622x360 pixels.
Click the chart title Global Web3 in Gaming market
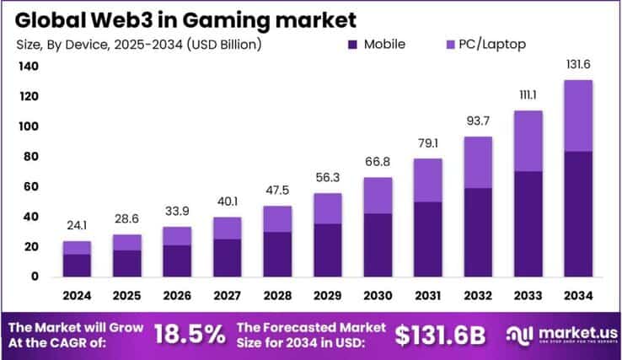tap(181, 18)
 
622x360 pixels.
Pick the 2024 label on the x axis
tap(77, 296)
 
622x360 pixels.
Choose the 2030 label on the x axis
tap(378, 296)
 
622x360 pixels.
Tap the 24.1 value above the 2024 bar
tap(77, 227)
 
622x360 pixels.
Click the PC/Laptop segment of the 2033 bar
tap(528, 141)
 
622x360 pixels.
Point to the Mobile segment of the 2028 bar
tap(277, 254)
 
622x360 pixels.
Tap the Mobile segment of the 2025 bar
tap(127, 263)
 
